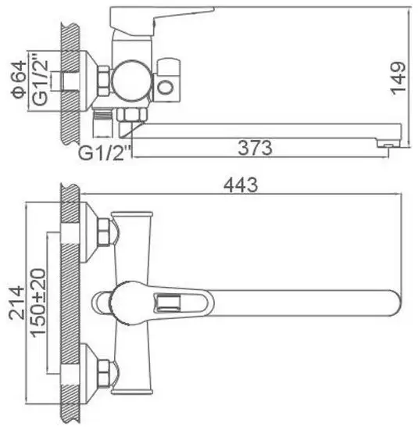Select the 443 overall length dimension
(241, 185)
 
